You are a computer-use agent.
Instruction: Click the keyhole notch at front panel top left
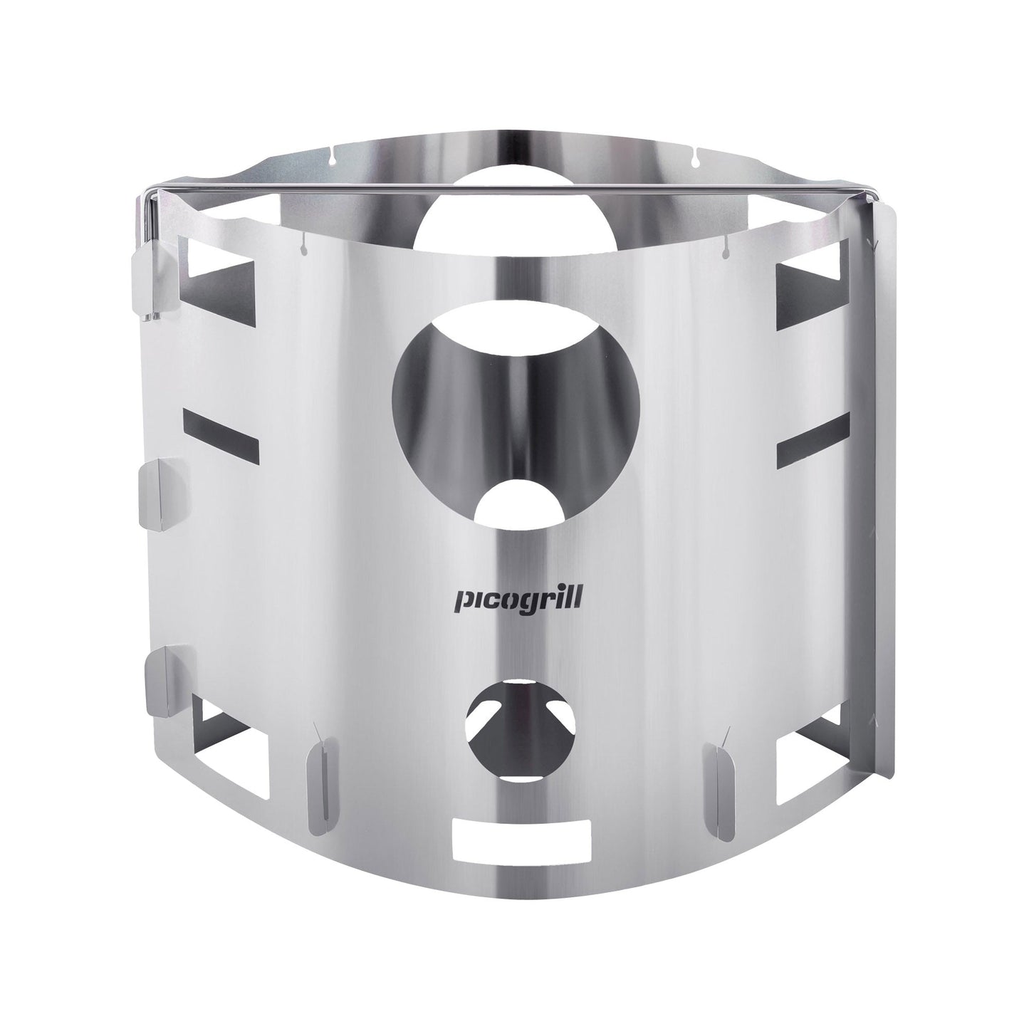click(303, 246)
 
